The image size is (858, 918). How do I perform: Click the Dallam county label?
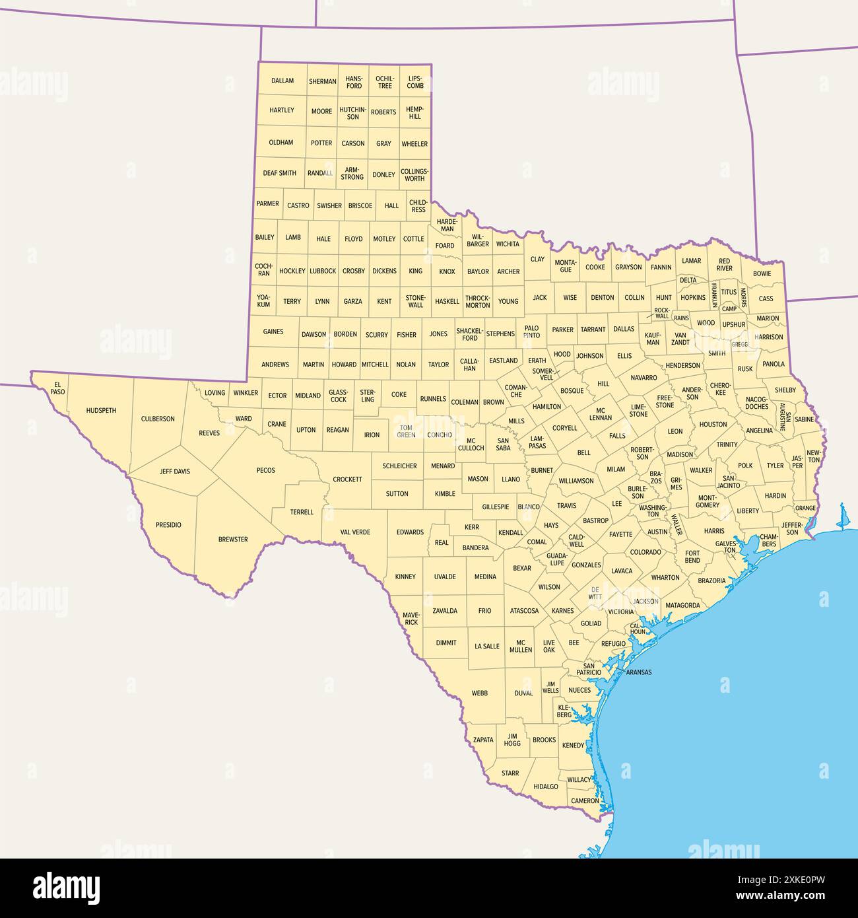click(x=282, y=81)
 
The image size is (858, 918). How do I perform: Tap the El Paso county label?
click(x=57, y=388)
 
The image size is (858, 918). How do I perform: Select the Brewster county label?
click(x=233, y=540)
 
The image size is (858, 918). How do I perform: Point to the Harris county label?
click(x=714, y=530)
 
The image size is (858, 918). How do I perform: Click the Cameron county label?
click(x=585, y=800)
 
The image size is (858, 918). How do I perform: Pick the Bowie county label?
click(x=762, y=273)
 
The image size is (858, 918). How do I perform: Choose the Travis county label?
click(x=566, y=506)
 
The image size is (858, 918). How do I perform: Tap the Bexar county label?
click(x=522, y=568)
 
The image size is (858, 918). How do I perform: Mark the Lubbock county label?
click(x=323, y=271)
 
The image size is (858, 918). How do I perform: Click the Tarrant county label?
click(x=593, y=329)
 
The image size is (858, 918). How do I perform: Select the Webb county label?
click(x=480, y=693)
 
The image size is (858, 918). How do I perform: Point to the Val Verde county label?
click(x=355, y=532)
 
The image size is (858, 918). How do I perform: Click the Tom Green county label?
click(x=406, y=431)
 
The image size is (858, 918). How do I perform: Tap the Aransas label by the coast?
click(x=638, y=672)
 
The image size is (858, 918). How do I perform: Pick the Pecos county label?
click(x=266, y=470)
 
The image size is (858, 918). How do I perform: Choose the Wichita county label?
click(x=508, y=244)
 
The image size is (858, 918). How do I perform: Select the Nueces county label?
click(x=579, y=690)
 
